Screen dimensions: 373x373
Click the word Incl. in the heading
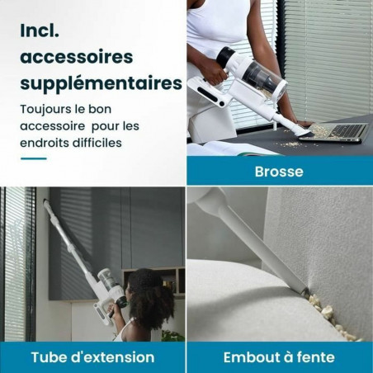(x=43, y=31)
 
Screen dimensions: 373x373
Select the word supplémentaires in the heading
(x=101, y=84)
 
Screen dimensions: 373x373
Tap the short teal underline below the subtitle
(x=32, y=158)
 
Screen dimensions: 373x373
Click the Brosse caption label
(x=279, y=172)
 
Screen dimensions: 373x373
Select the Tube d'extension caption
(x=92, y=357)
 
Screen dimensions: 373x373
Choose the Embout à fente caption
(x=279, y=357)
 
